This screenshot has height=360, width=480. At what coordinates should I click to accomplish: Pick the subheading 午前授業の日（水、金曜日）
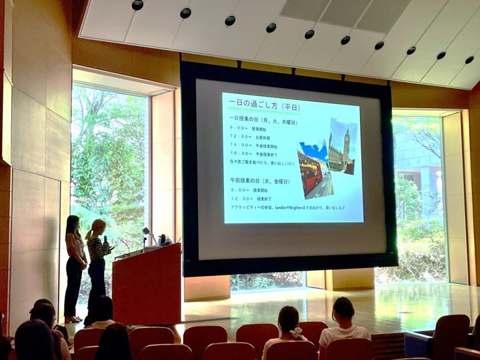260,181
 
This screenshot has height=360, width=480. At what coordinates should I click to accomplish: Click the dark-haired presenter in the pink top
74,263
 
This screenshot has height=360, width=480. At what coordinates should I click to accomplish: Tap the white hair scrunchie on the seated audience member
295,332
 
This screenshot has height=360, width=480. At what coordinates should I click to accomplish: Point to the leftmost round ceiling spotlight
137,5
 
